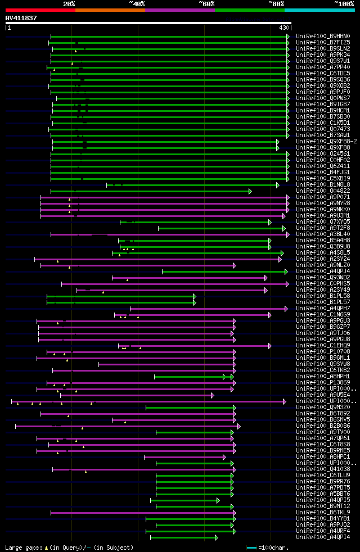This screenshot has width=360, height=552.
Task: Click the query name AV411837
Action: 21,18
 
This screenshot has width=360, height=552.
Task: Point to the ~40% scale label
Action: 137,3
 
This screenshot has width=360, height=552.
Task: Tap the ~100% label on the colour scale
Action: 344,3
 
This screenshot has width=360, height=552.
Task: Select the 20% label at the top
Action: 69,3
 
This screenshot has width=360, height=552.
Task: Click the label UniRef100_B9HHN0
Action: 322,37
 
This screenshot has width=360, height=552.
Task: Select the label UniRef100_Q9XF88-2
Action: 326,142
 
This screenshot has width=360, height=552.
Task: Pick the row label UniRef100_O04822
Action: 322,191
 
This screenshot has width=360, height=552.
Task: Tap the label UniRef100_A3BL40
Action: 322,234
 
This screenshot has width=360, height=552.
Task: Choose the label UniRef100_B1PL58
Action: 322,296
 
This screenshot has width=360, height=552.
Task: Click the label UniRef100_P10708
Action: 322,352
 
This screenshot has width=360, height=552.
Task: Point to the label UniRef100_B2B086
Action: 322,426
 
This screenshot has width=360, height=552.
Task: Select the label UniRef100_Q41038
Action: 322,469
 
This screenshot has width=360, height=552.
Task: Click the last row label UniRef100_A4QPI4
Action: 322,537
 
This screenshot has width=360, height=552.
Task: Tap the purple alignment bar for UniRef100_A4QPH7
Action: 208,309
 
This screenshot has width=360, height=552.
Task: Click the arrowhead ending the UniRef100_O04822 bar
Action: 250,191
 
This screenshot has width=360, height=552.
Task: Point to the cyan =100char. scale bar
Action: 251,547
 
